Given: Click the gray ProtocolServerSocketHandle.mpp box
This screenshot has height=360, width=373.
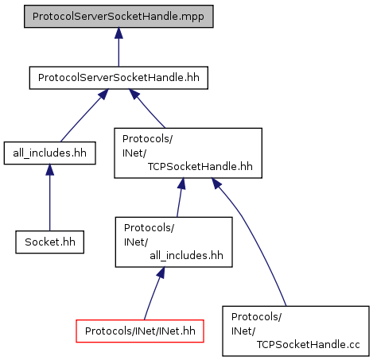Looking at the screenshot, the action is point(119,17).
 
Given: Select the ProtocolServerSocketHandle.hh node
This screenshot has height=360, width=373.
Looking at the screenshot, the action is point(119,78).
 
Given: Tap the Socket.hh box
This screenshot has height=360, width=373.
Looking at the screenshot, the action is point(50,242).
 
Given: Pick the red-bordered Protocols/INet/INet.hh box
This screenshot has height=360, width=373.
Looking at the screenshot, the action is point(140,331).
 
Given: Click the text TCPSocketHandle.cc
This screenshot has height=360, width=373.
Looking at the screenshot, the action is point(308,345).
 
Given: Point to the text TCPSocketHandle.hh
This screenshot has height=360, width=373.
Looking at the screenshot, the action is point(200,167).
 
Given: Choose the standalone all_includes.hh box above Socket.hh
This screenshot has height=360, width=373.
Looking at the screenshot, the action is point(50,153).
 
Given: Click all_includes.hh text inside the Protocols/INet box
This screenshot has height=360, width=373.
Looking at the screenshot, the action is point(186,256).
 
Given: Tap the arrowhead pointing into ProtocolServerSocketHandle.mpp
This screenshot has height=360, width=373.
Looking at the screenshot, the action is point(119,33).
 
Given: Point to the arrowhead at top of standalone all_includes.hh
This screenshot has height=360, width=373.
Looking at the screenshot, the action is point(49,170).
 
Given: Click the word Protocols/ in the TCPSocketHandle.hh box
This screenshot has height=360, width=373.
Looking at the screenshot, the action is point(147,139).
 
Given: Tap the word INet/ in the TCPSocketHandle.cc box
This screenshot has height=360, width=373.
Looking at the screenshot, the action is point(243,331).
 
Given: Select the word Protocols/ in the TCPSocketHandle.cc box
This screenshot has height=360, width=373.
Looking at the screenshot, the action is point(256,317).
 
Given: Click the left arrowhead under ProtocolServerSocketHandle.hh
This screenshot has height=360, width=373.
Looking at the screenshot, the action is point(103,94).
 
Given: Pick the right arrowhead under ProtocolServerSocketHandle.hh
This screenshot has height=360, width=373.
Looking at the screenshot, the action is point(134,94).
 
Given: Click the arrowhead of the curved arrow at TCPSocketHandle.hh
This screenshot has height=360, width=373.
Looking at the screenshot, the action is point(216,184).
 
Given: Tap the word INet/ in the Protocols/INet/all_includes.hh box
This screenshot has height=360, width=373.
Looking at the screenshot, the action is point(136,242).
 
